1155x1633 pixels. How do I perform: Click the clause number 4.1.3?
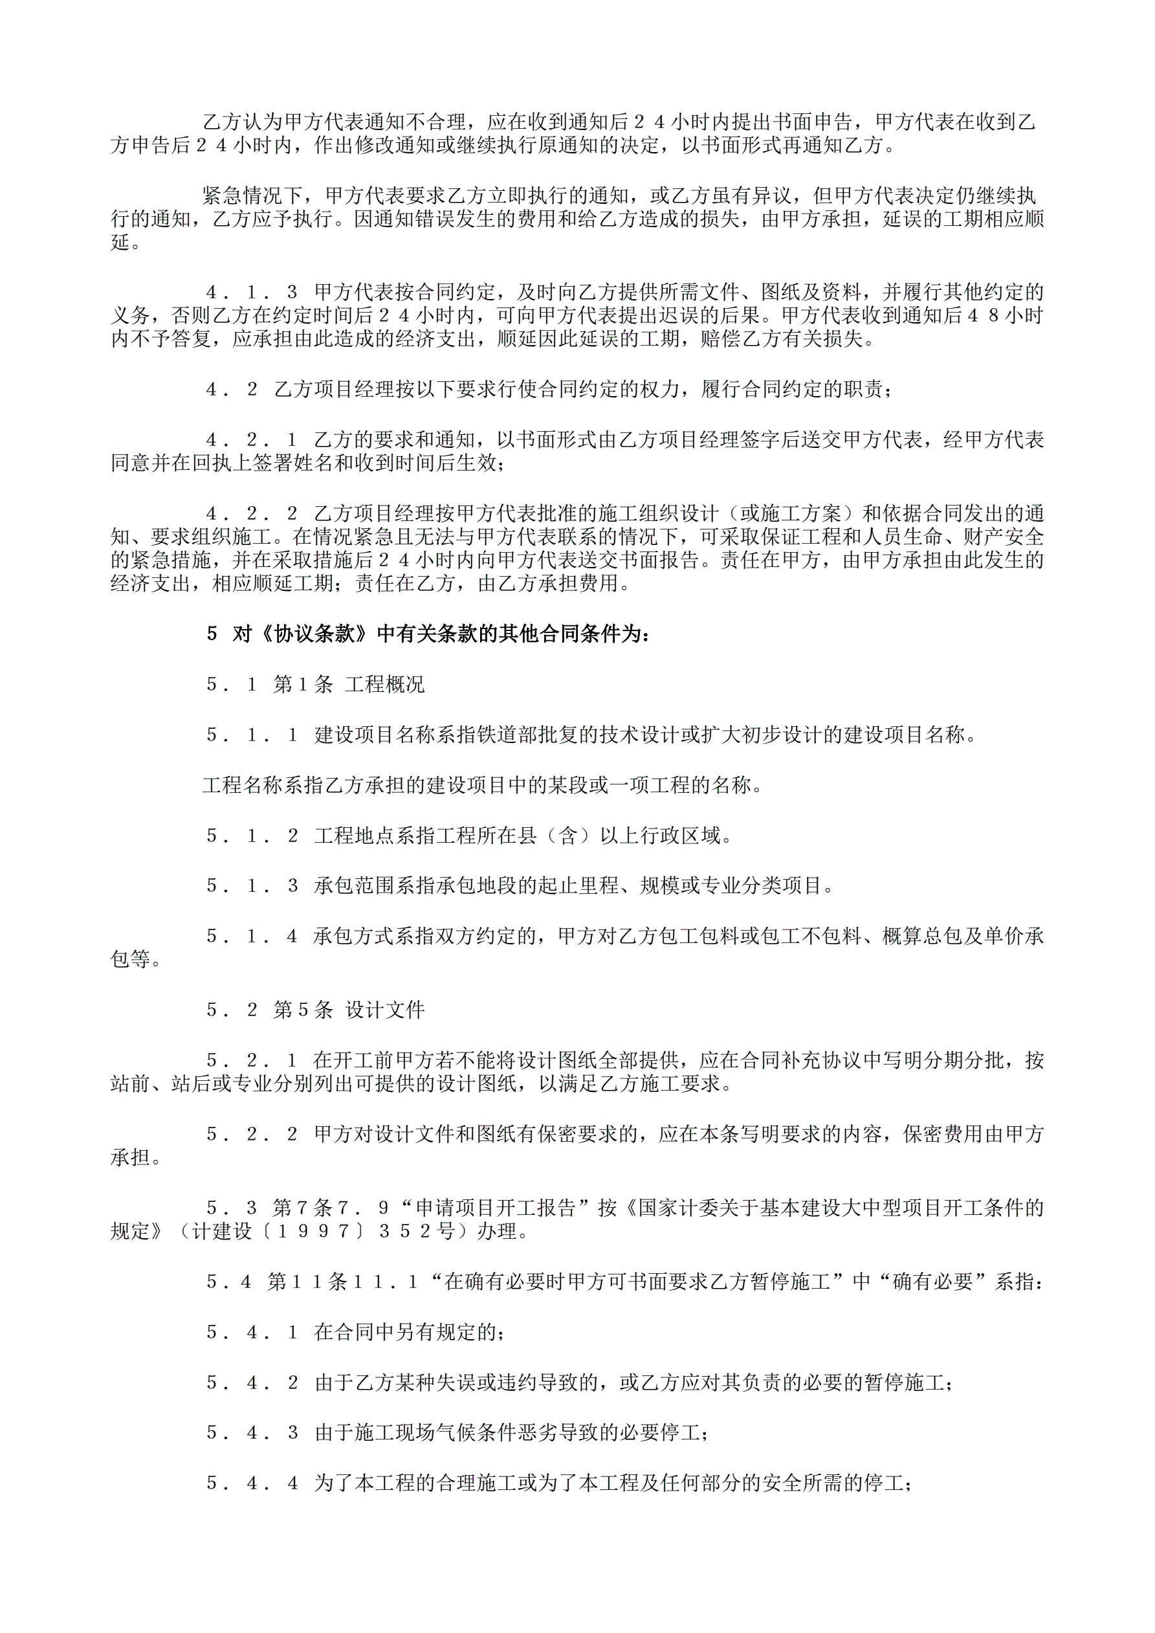coord(252,293)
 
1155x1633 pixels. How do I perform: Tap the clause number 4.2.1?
coord(252,440)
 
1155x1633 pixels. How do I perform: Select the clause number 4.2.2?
coord(252,513)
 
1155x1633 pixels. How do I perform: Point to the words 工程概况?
coord(385,685)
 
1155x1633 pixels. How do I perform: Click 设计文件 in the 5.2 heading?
coord(385,1010)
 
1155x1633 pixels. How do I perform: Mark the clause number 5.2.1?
coord(252,1060)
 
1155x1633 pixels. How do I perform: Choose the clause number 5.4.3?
coord(252,1432)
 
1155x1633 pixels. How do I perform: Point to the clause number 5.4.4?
coord(252,1483)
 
